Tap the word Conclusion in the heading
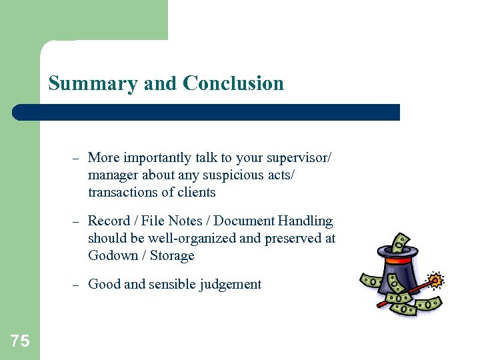tap(233, 84)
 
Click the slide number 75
tap(20, 341)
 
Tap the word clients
tap(197, 192)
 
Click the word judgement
tap(229, 285)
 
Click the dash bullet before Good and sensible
tap(76, 285)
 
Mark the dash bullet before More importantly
tap(76, 158)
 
